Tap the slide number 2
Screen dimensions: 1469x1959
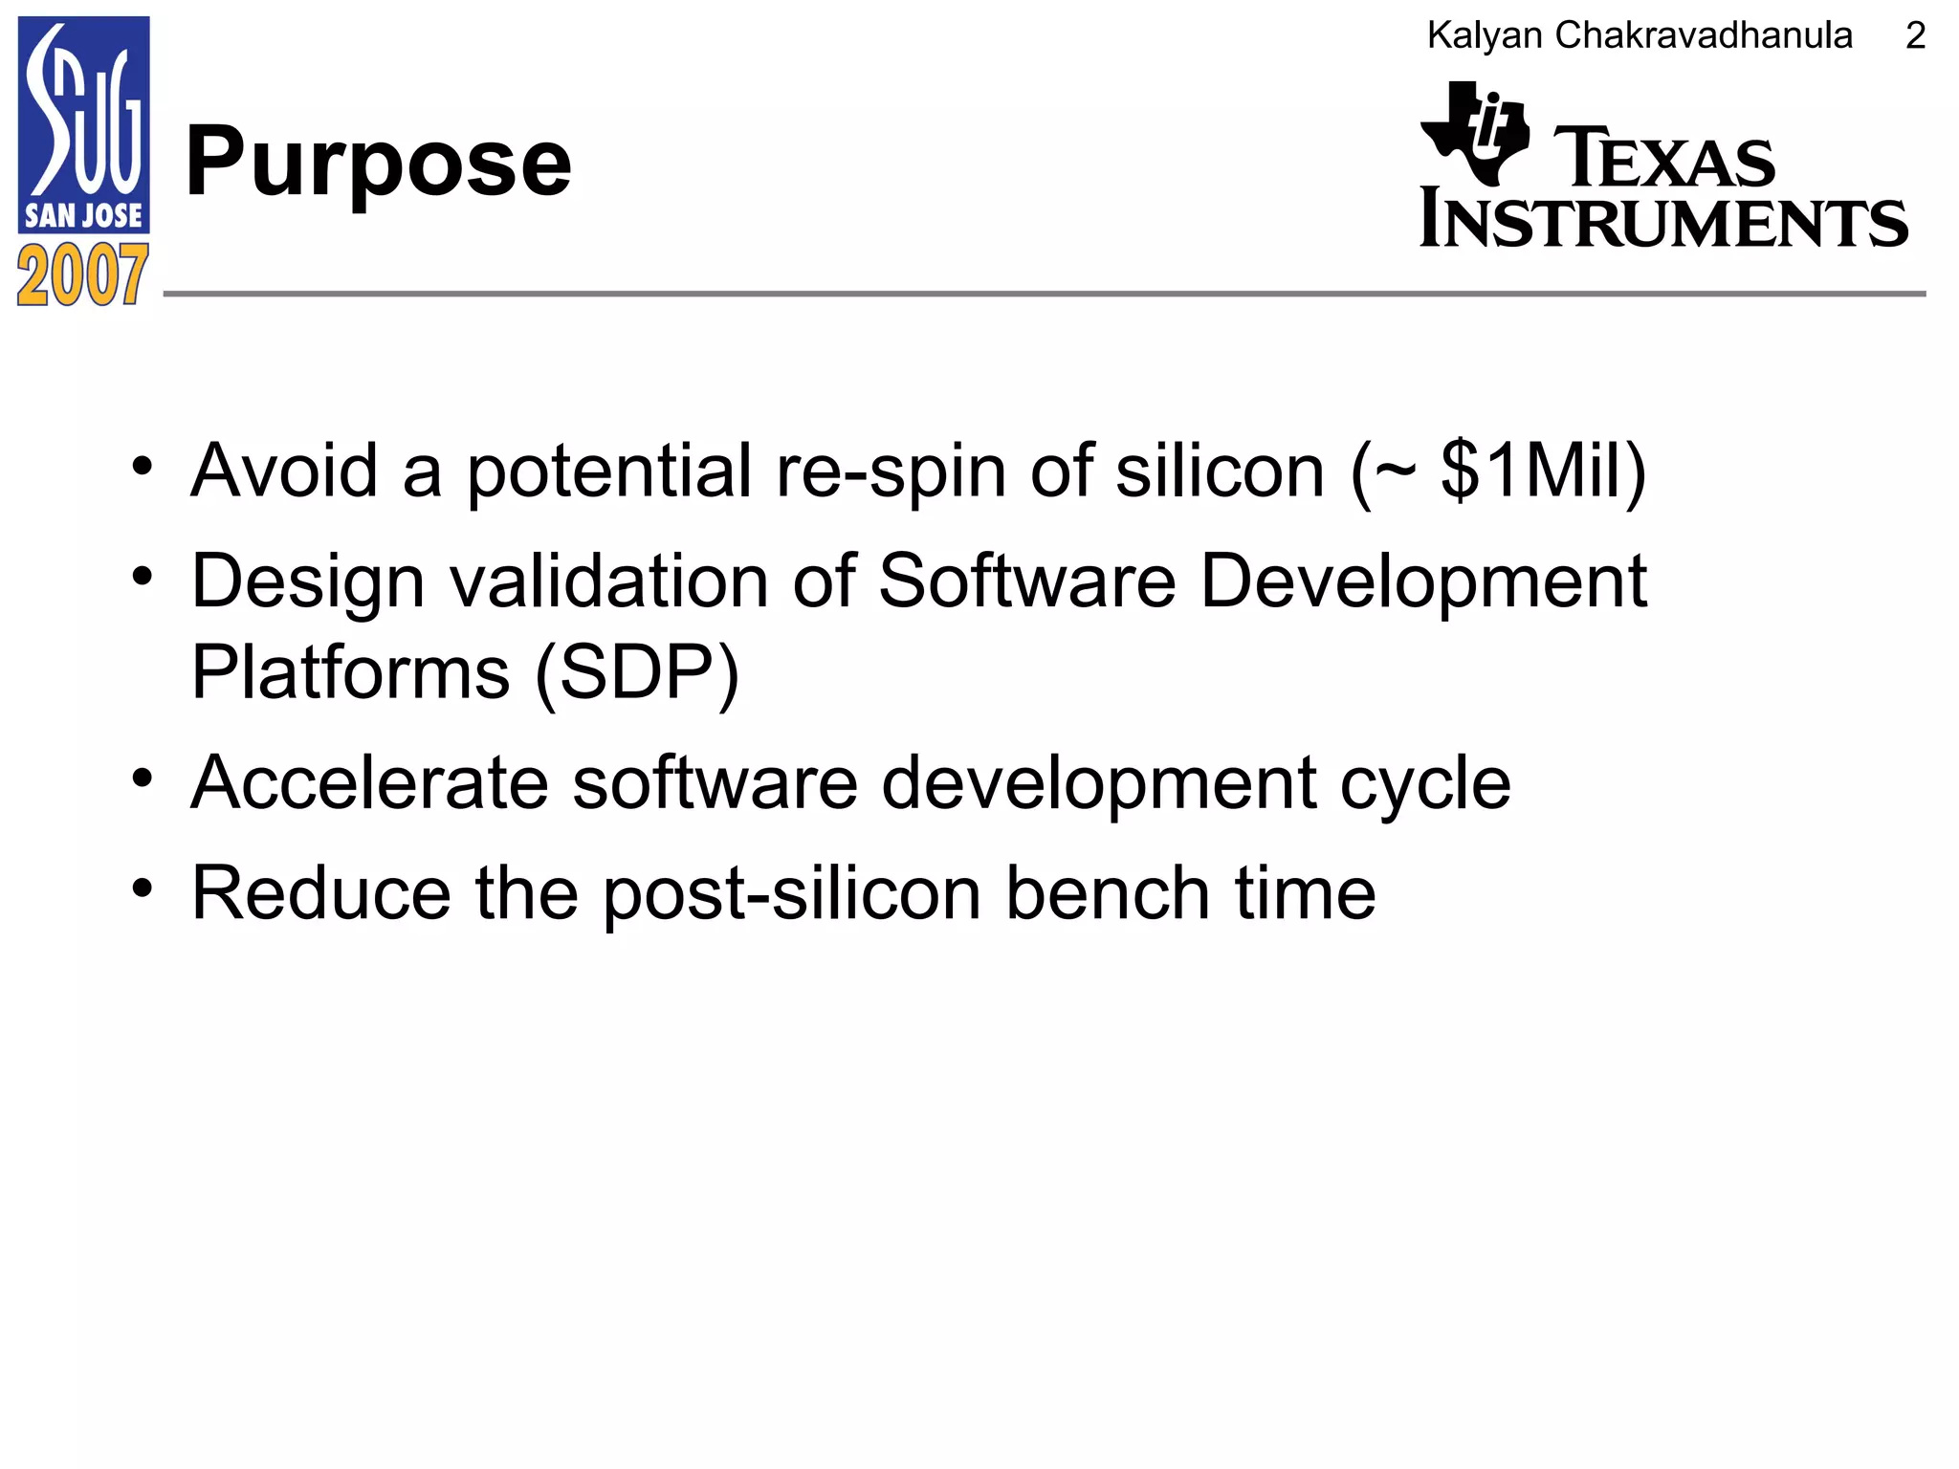pyautogui.click(x=1915, y=36)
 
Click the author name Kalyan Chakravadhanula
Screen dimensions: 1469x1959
pyautogui.click(x=1640, y=36)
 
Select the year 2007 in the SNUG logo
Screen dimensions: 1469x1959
pyautogui.click(x=83, y=275)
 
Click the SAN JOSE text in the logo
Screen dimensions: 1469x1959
pyautogui.click(x=83, y=215)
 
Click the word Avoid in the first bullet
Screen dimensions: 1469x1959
pyautogui.click(x=284, y=471)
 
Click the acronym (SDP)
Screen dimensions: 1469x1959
pyautogui.click(x=637, y=672)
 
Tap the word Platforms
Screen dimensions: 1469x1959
pyautogui.click(x=350, y=672)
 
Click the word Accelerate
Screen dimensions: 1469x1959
pyautogui.click(x=369, y=782)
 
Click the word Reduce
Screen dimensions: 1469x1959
pyautogui.click(x=320, y=893)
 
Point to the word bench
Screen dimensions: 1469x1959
pyautogui.click(x=1108, y=893)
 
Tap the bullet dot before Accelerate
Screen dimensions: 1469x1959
pyautogui.click(x=143, y=778)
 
